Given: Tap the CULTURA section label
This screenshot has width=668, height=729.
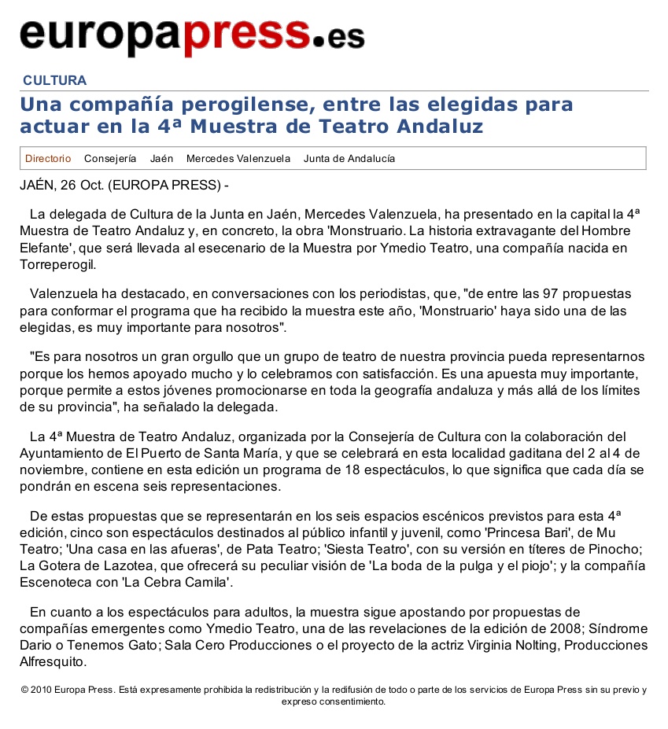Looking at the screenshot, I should (54, 80).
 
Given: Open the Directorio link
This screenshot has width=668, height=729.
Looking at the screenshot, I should (48, 158).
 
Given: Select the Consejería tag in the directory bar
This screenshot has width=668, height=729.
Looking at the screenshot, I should (110, 158).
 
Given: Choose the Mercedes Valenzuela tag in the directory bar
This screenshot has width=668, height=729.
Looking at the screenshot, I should (238, 158).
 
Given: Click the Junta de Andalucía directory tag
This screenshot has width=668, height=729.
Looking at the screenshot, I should (349, 158).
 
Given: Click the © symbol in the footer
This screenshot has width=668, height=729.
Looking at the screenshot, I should (24, 690).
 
